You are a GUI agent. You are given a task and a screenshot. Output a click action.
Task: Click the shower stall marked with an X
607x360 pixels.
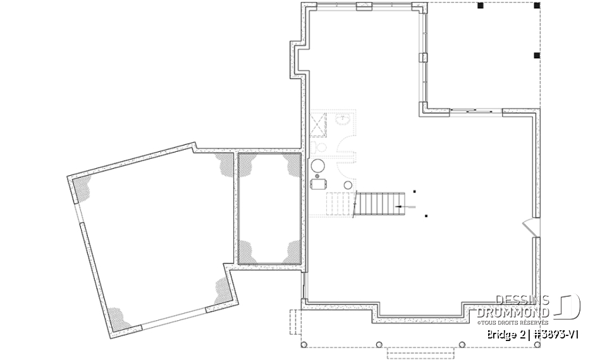point(317,123)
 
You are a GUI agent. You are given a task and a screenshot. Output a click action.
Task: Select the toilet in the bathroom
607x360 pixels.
point(320,147)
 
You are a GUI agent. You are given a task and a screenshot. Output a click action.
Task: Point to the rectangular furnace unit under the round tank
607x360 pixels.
point(318,184)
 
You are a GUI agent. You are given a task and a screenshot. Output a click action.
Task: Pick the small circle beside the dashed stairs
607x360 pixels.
point(347,184)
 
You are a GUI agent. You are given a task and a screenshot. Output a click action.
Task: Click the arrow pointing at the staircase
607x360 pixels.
point(404,206)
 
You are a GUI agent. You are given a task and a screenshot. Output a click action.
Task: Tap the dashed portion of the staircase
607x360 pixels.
point(340,204)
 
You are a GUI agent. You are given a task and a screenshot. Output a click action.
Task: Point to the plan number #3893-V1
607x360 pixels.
point(556,333)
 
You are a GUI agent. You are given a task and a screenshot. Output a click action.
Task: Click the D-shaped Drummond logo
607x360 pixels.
point(568,306)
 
